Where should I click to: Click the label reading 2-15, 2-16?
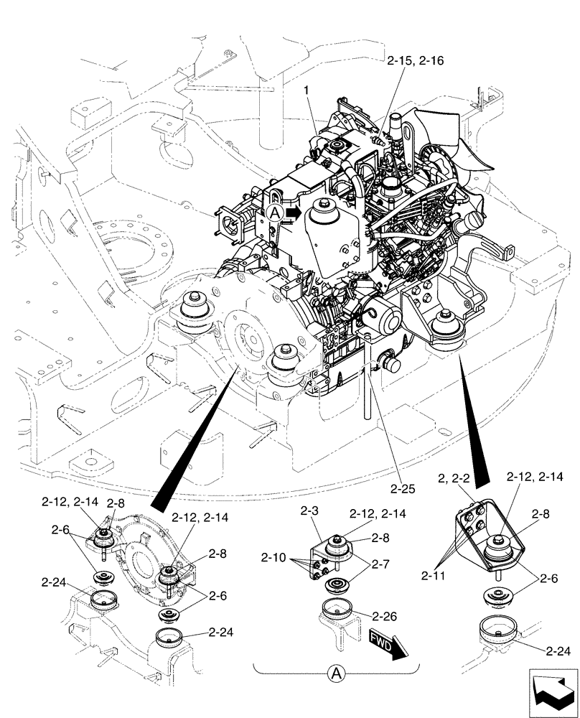click(414, 61)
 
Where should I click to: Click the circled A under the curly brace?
click(335, 673)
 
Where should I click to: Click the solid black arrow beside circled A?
click(292, 213)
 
